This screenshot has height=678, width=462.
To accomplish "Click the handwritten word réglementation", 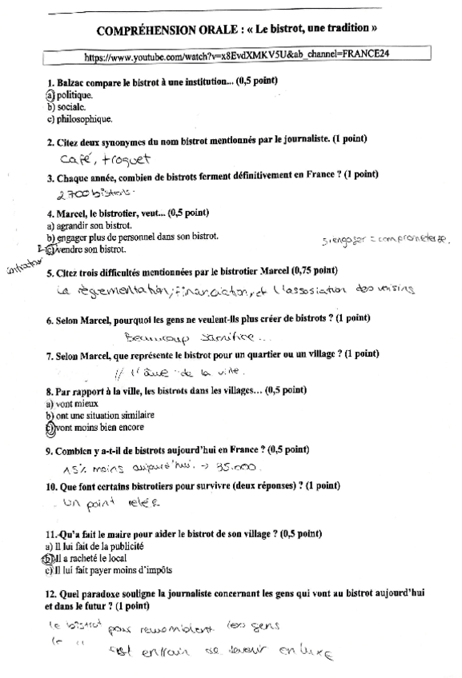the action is point(112,292).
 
